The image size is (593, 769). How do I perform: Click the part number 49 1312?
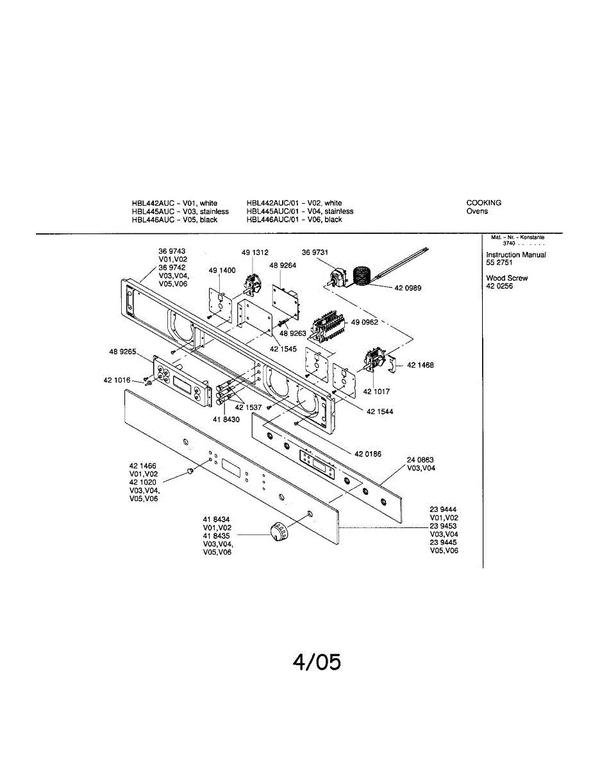[255, 252]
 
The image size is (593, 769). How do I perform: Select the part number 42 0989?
[408, 288]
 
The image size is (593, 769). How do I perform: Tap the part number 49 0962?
[364, 322]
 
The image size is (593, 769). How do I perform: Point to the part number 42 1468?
[421, 365]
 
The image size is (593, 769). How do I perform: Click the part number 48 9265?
[121, 351]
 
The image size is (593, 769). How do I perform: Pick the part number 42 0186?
[368, 454]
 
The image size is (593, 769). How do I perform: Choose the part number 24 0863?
[421, 459]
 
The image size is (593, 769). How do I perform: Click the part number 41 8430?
[226, 419]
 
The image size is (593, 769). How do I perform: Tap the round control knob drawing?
[278, 531]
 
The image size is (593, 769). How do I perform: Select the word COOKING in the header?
[484, 203]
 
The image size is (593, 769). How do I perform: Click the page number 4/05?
[317, 662]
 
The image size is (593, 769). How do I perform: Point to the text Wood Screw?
[507, 278]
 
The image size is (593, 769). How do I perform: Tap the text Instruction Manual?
[516, 255]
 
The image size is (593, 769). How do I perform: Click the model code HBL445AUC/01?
[274, 211]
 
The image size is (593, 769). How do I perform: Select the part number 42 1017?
[377, 392]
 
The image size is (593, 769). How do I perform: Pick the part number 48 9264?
[283, 265]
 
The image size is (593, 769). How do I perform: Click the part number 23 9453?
[444, 525]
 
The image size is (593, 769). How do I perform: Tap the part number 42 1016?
[117, 380]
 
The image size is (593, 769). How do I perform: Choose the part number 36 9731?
[315, 252]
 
